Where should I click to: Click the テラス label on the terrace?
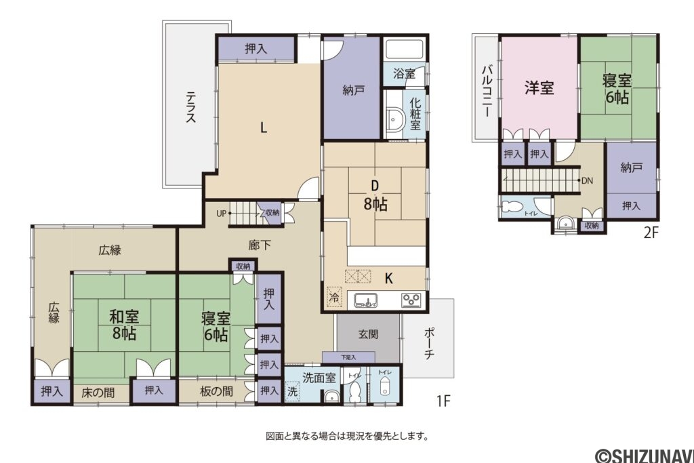tap(190, 107)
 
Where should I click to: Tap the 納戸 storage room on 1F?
tap(350, 90)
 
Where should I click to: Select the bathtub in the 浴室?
tap(404, 50)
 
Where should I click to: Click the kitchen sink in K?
tap(366, 300)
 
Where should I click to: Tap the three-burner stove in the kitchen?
tap(411, 300)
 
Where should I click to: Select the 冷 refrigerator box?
tap(333, 296)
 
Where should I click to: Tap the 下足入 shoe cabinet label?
tap(348, 357)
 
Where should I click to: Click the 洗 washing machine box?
tap(292, 391)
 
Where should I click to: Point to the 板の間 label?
tap(217, 391)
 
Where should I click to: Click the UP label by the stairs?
tap(221, 213)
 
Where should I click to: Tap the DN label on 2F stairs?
tap(588, 181)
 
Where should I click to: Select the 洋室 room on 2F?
tap(539, 88)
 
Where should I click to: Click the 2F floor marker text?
tap(651, 233)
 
